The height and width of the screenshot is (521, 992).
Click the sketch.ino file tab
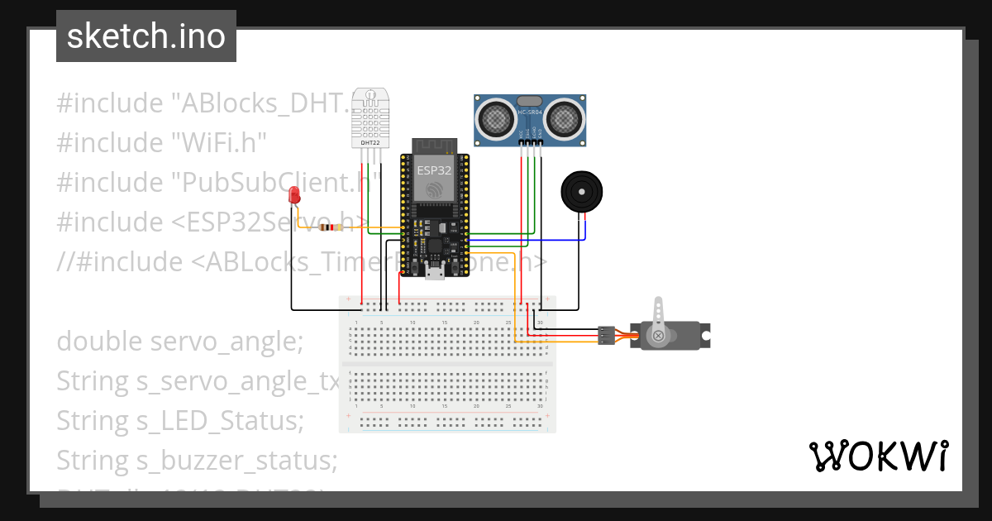coord(146,36)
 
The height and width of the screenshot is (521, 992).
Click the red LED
coord(293,196)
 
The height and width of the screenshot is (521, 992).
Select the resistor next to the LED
coord(331,227)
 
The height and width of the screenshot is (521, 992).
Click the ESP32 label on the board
coord(434,170)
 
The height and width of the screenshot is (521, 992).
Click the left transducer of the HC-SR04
coord(495,119)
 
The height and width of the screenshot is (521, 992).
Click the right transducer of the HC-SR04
coord(565,119)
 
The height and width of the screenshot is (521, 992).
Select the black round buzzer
coord(582,193)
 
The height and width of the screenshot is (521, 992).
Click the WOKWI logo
coord(878,456)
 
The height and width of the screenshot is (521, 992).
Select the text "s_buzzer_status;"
coord(235,460)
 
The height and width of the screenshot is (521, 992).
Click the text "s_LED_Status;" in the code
coord(218,420)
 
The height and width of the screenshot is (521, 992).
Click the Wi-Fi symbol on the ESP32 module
coord(434,189)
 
